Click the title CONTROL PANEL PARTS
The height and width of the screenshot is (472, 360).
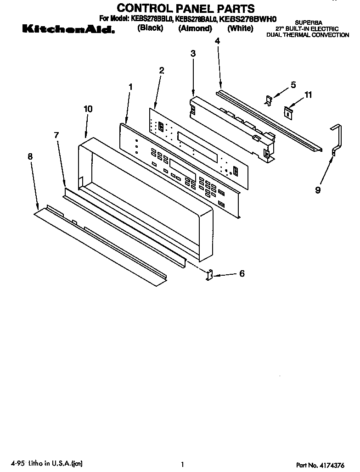point(186,8)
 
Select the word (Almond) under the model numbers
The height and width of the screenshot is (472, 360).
point(195,28)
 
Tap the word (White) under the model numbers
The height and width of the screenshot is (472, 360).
point(240,28)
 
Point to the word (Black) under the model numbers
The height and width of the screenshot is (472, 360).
point(150,28)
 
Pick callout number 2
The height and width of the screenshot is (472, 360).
point(161,70)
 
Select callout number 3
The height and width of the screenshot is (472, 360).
point(193,54)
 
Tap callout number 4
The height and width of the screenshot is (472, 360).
point(217,41)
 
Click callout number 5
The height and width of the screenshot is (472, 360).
point(293,85)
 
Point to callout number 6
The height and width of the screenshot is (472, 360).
point(242,274)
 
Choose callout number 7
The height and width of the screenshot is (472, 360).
point(56,135)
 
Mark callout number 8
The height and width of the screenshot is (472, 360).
point(30,156)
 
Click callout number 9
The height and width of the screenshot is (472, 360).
point(318,190)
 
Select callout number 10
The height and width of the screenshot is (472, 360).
point(88,109)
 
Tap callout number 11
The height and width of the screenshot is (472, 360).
point(308,95)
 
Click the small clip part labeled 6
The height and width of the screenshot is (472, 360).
point(209,275)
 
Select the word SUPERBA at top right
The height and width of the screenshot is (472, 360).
point(306,22)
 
